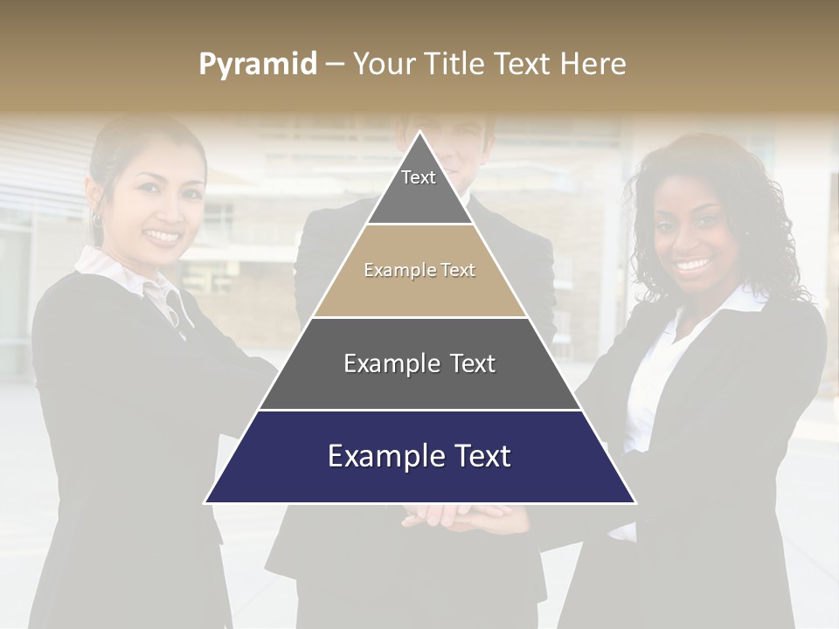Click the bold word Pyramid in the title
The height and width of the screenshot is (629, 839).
click(258, 65)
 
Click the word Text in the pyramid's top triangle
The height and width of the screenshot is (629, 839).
click(418, 177)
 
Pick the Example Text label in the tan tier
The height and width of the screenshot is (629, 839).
click(419, 271)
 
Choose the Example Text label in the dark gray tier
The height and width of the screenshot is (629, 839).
click(419, 363)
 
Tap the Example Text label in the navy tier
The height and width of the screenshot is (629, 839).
click(419, 456)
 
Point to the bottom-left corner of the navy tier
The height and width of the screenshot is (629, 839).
click(205, 502)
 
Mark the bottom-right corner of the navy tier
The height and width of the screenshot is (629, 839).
click(635, 502)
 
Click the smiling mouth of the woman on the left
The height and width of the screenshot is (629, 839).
click(163, 235)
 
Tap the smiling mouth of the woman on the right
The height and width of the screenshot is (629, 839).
click(693, 263)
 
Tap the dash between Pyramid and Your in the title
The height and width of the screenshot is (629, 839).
click(335, 65)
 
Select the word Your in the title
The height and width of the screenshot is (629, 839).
click(385, 65)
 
